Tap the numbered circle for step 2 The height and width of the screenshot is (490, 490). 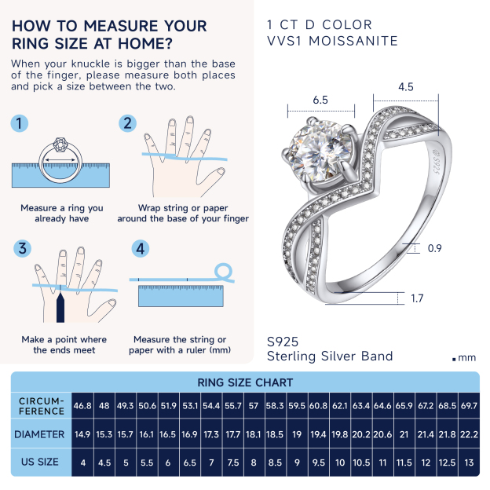click(x=128, y=123)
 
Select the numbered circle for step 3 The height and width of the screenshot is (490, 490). click(x=23, y=249)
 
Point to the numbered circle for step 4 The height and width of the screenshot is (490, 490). click(x=140, y=249)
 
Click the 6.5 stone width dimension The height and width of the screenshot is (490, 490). click(x=320, y=101)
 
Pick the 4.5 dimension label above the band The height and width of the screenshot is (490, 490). click(x=405, y=87)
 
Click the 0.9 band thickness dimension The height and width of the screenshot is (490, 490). click(x=434, y=249)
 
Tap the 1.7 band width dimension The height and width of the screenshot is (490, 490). click(x=417, y=298)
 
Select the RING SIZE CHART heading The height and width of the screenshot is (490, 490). click(x=245, y=382)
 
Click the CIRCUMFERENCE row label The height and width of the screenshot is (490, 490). click(x=42, y=406)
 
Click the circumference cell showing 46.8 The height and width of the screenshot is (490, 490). click(x=82, y=406)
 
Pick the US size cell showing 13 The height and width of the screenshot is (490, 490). click(x=468, y=462)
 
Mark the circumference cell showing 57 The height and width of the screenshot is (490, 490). click(x=254, y=406)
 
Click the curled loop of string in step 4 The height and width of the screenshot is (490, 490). click(x=224, y=271)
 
